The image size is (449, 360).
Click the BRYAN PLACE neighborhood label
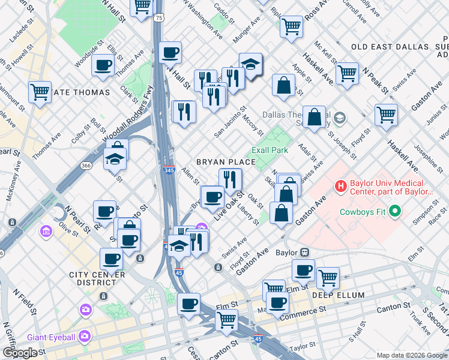click(226, 163)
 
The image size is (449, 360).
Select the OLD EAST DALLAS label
click(390, 47)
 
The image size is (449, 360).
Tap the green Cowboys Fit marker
click(395, 211)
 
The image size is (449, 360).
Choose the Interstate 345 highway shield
click(169, 171)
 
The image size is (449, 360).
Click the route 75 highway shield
click(158, 19)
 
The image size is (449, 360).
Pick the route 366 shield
click(85, 166)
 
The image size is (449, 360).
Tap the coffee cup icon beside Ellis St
click(103, 65)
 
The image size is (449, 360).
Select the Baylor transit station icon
click(304, 253)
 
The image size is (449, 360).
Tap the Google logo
click(20, 353)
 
